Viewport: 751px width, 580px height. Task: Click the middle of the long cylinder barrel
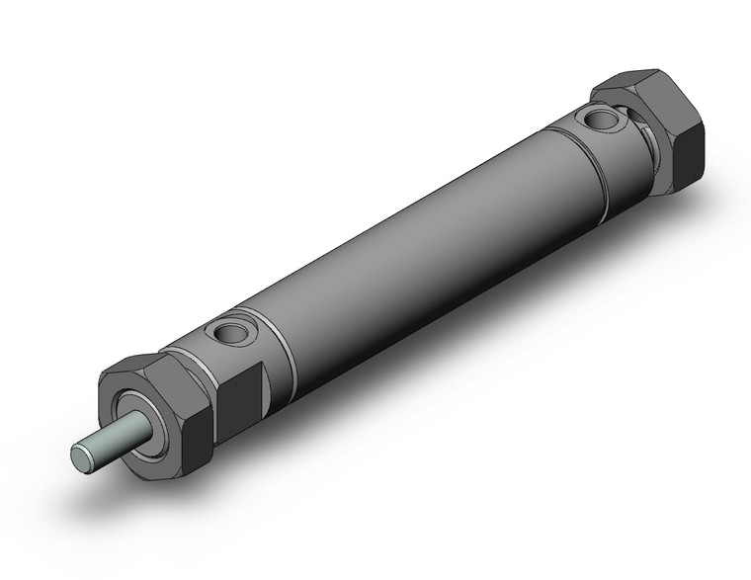415,247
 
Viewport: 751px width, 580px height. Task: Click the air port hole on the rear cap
600,120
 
